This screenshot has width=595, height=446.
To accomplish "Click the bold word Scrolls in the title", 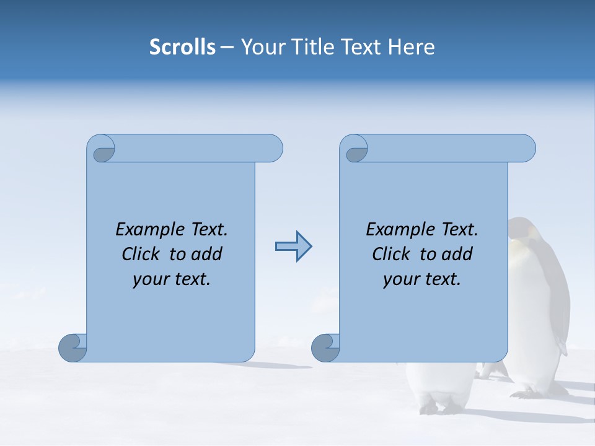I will point(182,47).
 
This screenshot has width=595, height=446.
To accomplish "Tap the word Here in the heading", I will point(411,47).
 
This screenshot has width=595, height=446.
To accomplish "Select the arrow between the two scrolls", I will point(294,247).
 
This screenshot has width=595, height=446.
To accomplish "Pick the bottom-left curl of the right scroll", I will point(325,348).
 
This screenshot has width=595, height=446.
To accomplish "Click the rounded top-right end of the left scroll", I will point(273,148).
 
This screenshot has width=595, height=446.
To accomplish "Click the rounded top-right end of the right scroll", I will point(526,148).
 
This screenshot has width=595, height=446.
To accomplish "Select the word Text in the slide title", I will point(363,47).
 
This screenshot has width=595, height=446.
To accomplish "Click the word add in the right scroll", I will point(457,254).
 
